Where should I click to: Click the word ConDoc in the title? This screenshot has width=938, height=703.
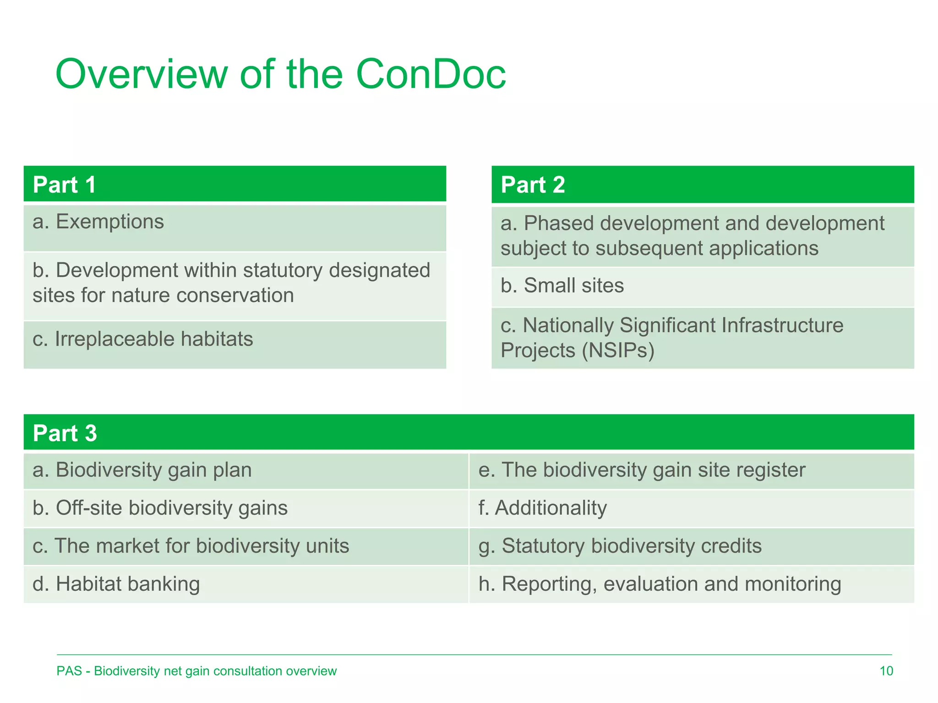pyautogui.click(x=431, y=74)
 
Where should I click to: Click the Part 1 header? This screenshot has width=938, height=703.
pyautogui.click(x=64, y=185)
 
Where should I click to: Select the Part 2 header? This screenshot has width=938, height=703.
pyautogui.click(x=533, y=185)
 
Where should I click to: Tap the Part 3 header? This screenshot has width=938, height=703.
pyautogui.click(x=65, y=433)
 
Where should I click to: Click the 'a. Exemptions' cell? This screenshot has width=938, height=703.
pyautogui.click(x=98, y=222)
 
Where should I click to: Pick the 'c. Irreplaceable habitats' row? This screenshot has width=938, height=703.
pyautogui.click(x=142, y=339)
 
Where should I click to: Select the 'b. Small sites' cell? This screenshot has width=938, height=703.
pyautogui.click(x=562, y=286)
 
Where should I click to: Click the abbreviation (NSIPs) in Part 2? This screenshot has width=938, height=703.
pyautogui.click(x=618, y=351)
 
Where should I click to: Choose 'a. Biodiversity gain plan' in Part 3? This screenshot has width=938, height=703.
pyautogui.click(x=142, y=470)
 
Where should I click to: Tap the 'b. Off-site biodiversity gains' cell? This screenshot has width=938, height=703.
pyautogui.click(x=160, y=508)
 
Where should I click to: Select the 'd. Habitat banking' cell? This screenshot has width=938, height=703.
pyautogui.click(x=116, y=584)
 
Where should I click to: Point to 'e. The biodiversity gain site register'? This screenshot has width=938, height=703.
pyautogui.click(x=641, y=470)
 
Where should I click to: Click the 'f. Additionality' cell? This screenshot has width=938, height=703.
pyautogui.click(x=542, y=508)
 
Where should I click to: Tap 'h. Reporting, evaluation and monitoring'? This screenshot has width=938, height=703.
pyautogui.click(x=660, y=584)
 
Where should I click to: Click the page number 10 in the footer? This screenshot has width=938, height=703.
pyautogui.click(x=886, y=671)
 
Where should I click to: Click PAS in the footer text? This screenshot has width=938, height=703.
pyautogui.click(x=69, y=671)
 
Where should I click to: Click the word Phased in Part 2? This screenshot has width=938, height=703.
pyautogui.click(x=558, y=223)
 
